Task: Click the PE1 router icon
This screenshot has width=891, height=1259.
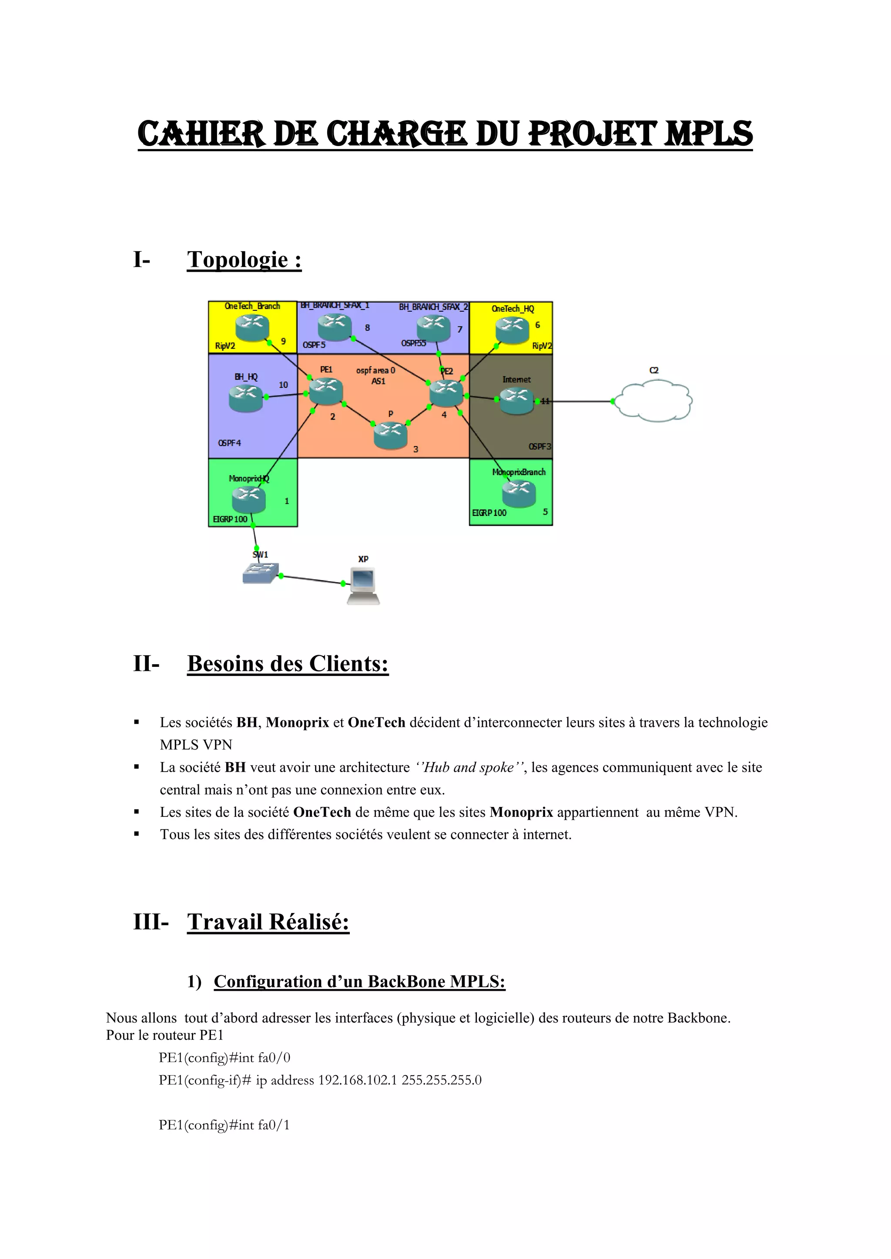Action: [x=326, y=391]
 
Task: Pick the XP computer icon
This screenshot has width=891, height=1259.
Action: [x=364, y=586]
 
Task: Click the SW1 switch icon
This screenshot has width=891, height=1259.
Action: [x=261, y=573]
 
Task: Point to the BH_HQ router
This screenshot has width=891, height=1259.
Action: [x=246, y=397]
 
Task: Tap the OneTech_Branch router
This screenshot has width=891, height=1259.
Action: [x=252, y=327]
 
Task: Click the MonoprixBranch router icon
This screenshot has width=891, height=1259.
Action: [x=519, y=493]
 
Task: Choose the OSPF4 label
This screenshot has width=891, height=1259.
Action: [x=229, y=443]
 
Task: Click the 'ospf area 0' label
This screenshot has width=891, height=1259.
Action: [x=375, y=370]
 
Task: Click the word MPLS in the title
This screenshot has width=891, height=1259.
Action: [x=708, y=134]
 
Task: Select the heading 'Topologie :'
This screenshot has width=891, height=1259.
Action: [x=244, y=260]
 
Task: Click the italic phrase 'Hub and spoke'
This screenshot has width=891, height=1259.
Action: [x=469, y=767]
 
